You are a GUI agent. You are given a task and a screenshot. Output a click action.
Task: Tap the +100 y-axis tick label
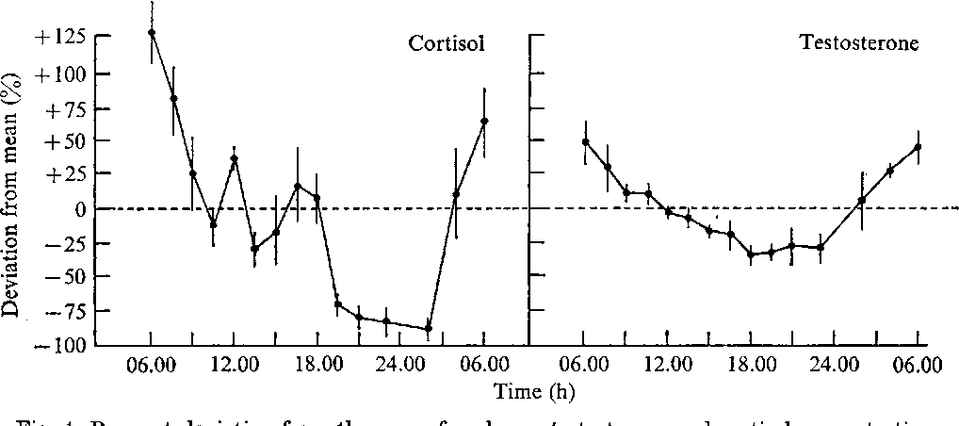(x=60, y=74)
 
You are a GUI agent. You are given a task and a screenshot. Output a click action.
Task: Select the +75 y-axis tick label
(x=65, y=107)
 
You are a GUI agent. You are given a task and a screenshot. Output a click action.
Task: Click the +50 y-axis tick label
(x=65, y=141)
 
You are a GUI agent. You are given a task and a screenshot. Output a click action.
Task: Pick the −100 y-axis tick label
(x=60, y=345)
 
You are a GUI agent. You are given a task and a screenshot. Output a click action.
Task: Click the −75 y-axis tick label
(x=65, y=310)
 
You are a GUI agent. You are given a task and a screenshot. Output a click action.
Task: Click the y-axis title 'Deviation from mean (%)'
(x=15, y=188)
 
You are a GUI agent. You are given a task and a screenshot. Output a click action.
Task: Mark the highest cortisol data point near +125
(x=152, y=32)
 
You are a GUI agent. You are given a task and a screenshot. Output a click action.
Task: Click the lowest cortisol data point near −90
(x=428, y=329)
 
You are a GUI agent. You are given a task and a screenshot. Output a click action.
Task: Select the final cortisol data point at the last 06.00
(x=484, y=121)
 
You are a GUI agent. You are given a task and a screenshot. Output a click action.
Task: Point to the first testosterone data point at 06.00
(x=585, y=142)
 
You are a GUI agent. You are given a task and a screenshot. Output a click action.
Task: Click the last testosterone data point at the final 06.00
(x=918, y=147)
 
